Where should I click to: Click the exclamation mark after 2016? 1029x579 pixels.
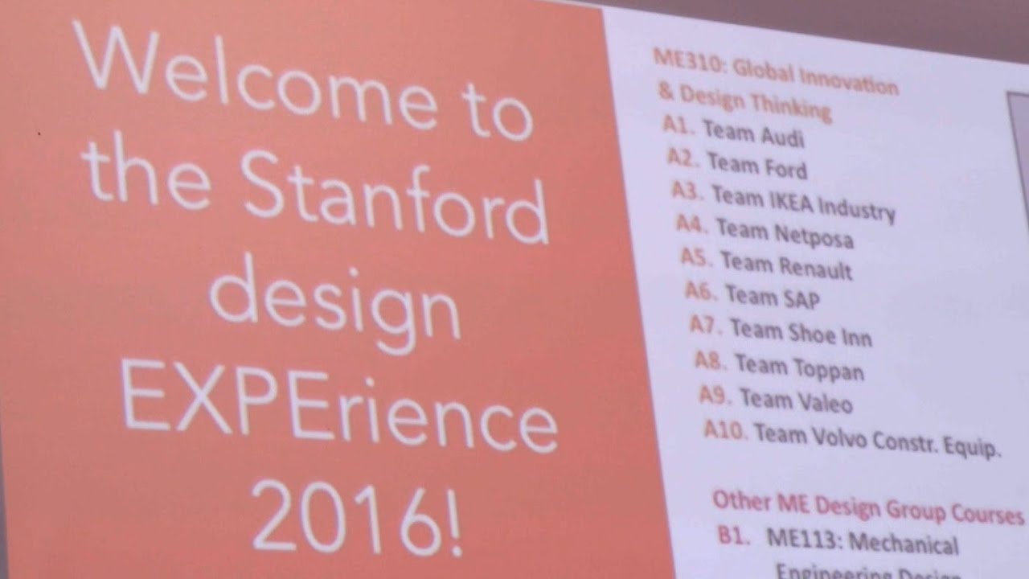453,520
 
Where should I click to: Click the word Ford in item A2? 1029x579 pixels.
781,168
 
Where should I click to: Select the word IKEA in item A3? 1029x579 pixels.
777,199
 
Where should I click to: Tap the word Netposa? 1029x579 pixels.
813,235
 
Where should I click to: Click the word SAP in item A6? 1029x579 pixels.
799,299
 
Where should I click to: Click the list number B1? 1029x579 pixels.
733,535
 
